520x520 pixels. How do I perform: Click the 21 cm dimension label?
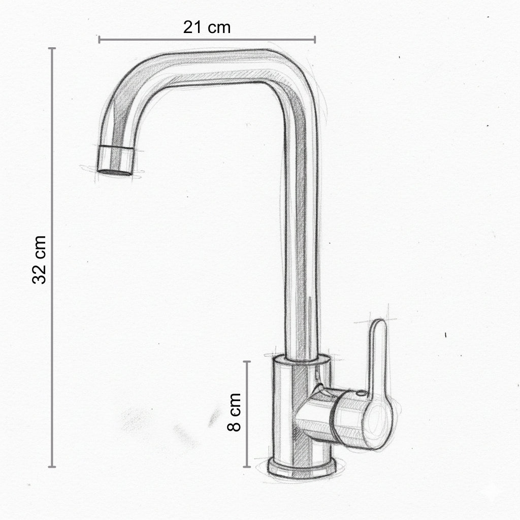click(x=207, y=27)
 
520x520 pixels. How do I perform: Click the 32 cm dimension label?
click(x=40, y=259)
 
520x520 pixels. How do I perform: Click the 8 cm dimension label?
click(x=234, y=412)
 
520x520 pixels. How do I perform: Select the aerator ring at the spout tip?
click(x=116, y=157)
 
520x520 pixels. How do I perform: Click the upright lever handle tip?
click(x=378, y=328)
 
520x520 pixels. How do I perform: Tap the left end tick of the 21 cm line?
click(x=100, y=39)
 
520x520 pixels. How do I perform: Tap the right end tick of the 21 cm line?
click(x=315, y=39)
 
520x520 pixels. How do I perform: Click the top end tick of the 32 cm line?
click(x=52, y=49)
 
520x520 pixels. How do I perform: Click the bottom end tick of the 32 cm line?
click(x=52, y=466)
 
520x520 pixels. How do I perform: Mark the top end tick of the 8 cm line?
click(x=247, y=362)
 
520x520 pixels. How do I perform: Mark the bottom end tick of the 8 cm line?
click(x=247, y=466)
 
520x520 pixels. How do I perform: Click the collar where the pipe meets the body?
click(x=303, y=360)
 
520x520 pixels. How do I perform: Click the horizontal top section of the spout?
click(x=213, y=66)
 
